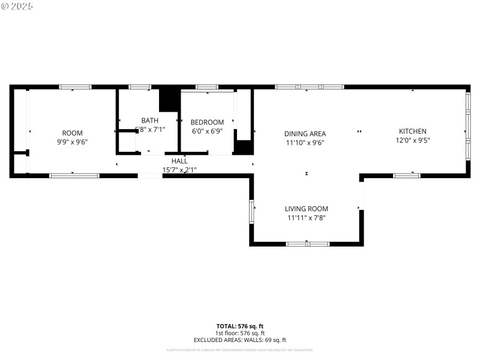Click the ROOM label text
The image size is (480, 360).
[73, 133]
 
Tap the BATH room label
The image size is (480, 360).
[150, 120]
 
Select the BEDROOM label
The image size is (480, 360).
[208, 122]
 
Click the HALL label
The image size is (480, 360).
[179, 161]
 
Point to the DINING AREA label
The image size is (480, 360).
[305, 134]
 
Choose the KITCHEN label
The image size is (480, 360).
[413, 131]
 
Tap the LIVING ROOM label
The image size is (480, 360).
[306, 209]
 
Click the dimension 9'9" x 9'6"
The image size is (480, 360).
[73, 142]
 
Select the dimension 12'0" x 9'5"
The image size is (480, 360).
[413, 140]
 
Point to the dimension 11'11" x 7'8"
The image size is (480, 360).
[306, 218]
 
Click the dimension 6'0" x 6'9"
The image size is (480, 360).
[208, 131]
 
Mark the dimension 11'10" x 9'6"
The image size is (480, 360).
[305, 143]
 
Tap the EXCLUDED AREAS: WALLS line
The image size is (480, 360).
[240, 340]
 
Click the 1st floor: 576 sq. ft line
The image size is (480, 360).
[240, 334]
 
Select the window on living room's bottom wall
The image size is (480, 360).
[307, 244]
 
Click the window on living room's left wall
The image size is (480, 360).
[252, 211]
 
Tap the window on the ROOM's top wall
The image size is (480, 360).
[75, 87]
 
